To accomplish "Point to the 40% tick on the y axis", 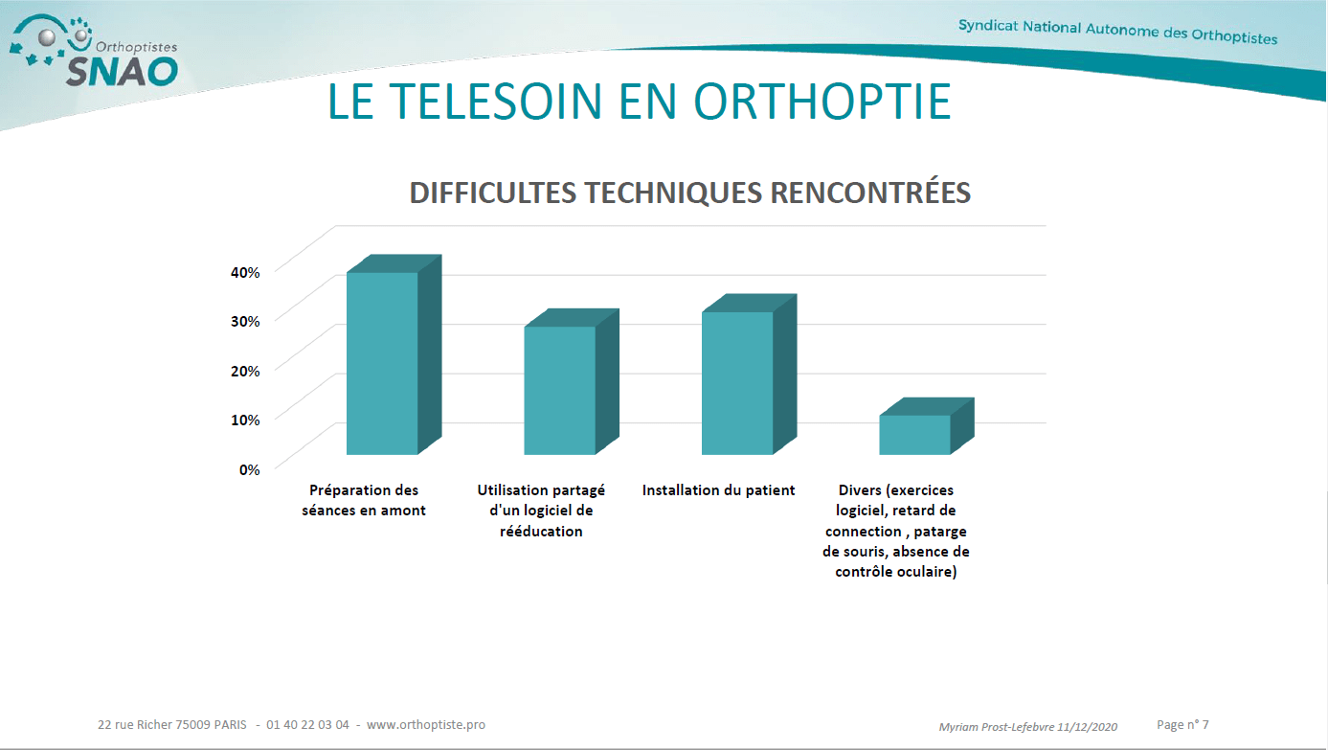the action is (x=245, y=273).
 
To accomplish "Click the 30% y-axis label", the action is (x=245, y=321).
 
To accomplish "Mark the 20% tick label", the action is (x=245, y=371).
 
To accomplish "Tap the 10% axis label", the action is (x=245, y=420).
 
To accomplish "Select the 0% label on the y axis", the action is (x=249, y=470).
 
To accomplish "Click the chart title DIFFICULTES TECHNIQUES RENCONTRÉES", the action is (x=690, y=193).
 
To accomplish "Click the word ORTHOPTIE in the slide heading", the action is (x=822, y=101).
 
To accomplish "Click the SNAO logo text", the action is (x=122, y=72).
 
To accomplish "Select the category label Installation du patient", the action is (x=718, y=490).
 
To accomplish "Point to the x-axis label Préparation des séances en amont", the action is (x=364, y=500).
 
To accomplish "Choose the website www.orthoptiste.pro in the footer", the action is (x=426, y=724).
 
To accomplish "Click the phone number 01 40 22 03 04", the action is (x=307, y=724).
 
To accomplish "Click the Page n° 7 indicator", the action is (x=1182, y=724).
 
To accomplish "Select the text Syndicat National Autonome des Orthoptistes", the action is (x=1117, y=32).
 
